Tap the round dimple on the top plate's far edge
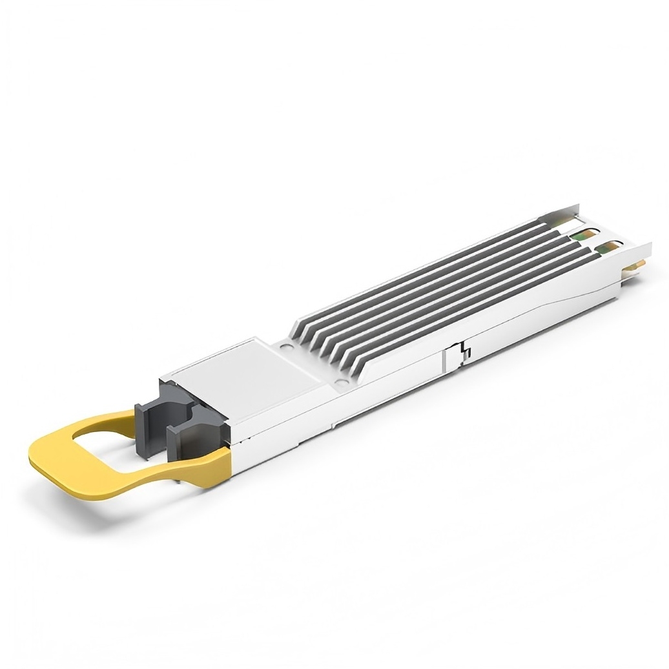(284, 345)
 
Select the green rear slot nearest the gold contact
(607, 247)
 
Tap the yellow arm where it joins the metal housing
(213, 462)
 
